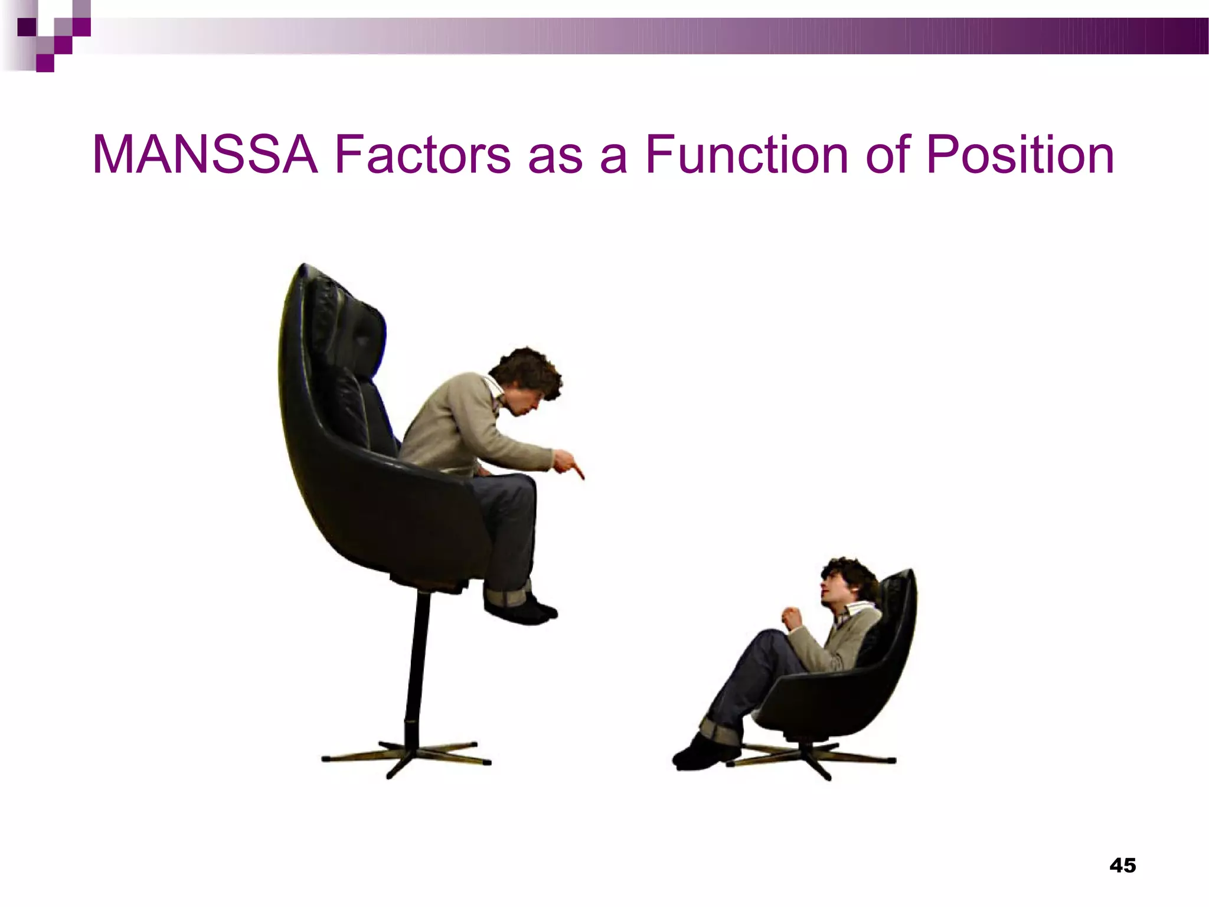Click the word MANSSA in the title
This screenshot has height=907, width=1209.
(205, 155)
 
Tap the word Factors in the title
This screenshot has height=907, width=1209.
(423, 155)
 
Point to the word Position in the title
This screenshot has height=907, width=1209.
(1020, 155)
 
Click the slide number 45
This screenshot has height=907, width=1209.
(1122, 865)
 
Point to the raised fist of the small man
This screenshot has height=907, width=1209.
(793, 618)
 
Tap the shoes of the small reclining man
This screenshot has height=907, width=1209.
(702, 753)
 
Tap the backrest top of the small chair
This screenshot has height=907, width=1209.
(903, 582)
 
